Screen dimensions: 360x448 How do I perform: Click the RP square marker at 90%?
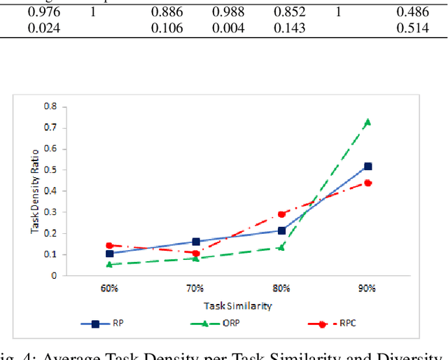[x=367, y=167]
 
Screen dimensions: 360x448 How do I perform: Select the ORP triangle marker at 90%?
[x=367, y=122]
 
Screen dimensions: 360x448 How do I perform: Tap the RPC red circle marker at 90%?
[x=367, y=183]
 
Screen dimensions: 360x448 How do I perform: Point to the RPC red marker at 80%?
[x=282, y=214]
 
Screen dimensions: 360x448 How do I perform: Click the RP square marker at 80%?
[x=282, y=230]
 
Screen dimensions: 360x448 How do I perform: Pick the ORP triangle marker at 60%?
[x=109, y=264]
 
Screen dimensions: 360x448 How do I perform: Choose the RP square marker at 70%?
[x=196, y=242]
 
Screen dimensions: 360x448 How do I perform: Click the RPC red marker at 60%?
[x=109, y=246]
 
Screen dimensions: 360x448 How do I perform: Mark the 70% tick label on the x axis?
[x=195, y=288]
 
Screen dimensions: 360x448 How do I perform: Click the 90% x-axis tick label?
[x=367, y=288]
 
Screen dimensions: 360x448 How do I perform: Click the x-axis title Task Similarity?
[x=237, y=305]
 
